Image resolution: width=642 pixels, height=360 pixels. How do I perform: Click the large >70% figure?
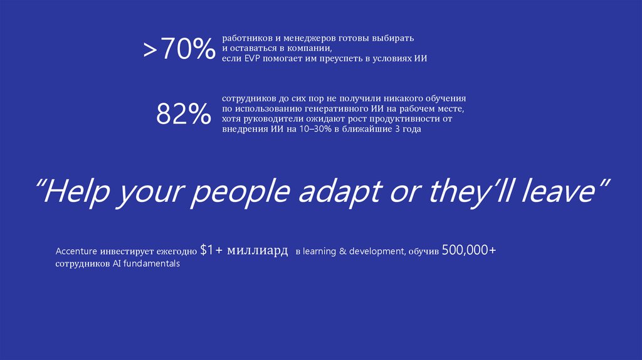click(179, 50)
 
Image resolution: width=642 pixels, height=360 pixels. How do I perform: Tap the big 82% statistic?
click(183, 114)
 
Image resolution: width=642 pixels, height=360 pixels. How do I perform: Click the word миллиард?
click(258, 251)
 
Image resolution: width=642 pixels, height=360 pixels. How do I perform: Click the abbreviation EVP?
click(251, 58)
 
